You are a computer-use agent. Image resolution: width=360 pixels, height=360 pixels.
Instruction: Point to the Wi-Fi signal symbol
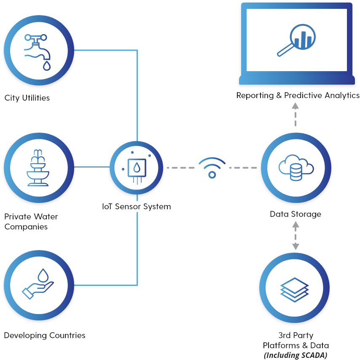(x=212, y=168)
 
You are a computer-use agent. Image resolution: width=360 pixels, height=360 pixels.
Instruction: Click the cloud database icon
(x=296, y=168)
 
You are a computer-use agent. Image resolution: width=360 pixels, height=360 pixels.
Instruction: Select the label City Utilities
(x=27, y=98)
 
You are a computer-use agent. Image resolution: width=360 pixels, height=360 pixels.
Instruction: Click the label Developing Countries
(x=45, y=336)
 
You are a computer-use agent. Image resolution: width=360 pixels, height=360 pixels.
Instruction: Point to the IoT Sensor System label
(x=137, y=207)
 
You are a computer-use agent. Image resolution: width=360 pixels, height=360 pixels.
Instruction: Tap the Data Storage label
(x=296, y=214)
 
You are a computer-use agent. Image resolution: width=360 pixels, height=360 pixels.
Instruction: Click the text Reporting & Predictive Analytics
(x=298, y=96)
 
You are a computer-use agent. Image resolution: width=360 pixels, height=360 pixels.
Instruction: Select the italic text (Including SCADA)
(x=295, y=355)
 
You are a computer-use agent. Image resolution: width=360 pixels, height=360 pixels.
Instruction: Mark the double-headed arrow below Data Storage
(x=295, y=236)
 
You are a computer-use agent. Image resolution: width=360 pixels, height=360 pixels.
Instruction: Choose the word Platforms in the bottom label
(x=280, y=345)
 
